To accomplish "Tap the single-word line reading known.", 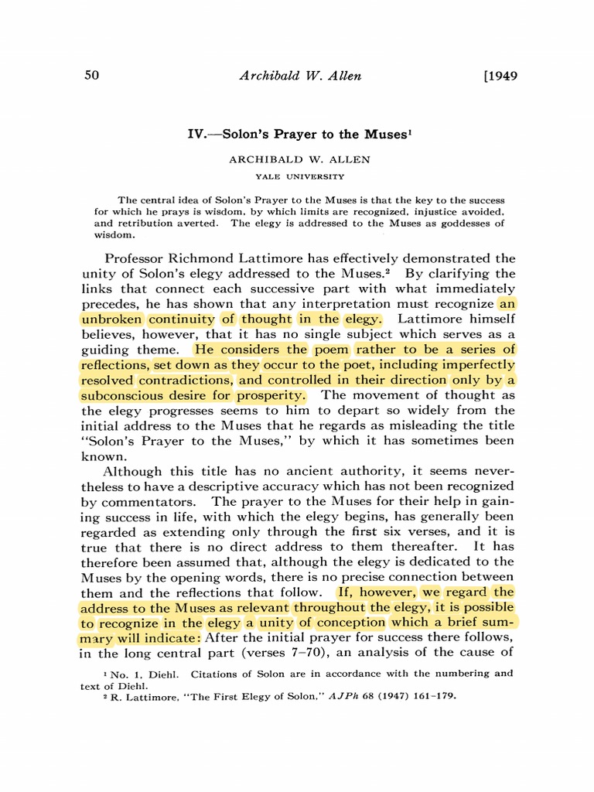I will [x=100, y=456].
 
